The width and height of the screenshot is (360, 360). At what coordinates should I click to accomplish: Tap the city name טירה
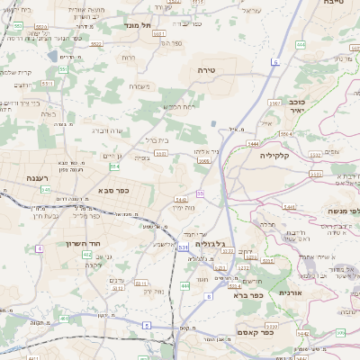[209, 68]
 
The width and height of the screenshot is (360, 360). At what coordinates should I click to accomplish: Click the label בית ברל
[157, 141]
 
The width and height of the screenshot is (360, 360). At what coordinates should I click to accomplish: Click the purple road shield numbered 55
[200, 193]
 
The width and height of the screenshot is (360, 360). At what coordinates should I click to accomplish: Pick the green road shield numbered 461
[65, 318]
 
